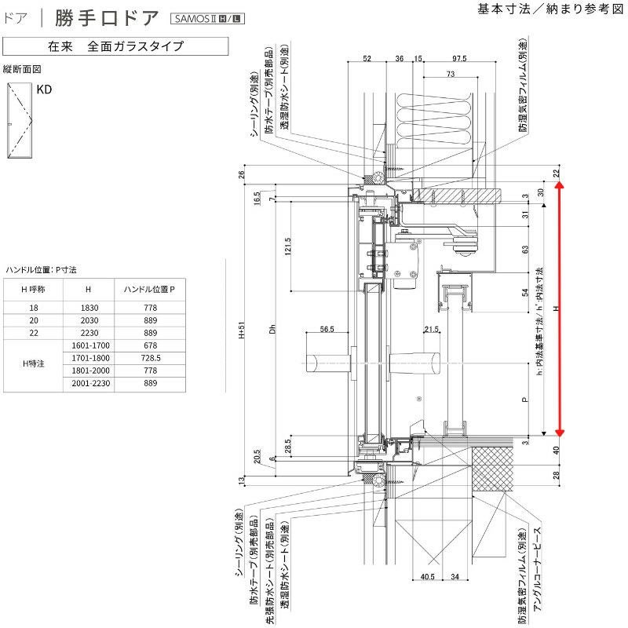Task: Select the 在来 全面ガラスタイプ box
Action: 115,46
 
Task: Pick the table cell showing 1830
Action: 88,308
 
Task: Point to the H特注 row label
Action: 34,363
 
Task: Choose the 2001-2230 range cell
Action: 88,382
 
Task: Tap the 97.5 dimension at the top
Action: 459,59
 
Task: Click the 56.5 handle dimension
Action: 326,329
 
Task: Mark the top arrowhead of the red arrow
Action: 560,186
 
